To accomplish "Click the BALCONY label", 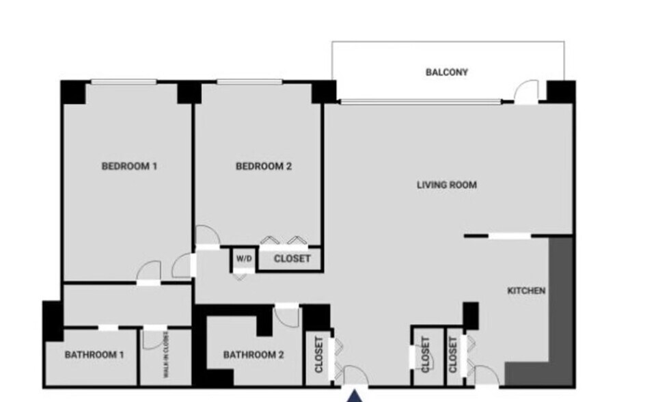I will coord(447,72).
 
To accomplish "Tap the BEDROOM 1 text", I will coord(130,165).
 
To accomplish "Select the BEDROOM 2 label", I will coord(264,165).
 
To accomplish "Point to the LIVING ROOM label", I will coord(447,185).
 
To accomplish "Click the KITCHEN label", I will coord(526,291).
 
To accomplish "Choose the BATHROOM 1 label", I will coord(94,355).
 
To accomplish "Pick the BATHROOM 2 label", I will coord(253,355).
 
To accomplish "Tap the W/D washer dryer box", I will coord(243,259).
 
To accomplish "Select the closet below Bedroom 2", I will coord(292,259).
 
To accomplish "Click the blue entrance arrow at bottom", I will coord(354,396).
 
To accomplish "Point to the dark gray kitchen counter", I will coord(560,308).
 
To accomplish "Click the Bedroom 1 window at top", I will coord(124,83).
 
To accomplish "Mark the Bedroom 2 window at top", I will coord(249,83).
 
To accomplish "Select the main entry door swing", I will coord(355,375).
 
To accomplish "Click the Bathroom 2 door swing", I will coord(287,316).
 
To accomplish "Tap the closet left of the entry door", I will coord(318,356).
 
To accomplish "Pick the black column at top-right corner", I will coord(561,91).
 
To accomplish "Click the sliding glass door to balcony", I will coord(420,102).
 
